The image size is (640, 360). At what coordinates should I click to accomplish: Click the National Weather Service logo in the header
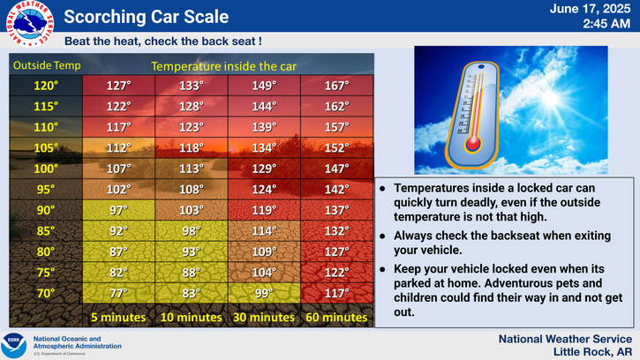pyautogui.click(x=30, y=23)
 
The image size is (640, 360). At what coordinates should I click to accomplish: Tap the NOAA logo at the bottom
pyautogui.click(x=13, y=345)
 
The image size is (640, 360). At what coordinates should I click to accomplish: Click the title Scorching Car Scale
pyautogui.click(x=147, y=17)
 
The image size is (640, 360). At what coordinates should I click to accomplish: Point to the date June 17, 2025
pyautogui.click(x=590, y=9)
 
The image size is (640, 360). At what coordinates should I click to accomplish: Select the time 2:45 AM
pyautogui.click(x=606, y=24)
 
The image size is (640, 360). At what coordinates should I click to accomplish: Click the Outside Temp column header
pyautogui.click(x=47, y=65)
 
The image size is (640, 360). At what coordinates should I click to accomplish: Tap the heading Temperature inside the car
pyautogui.click(x=223, y=66)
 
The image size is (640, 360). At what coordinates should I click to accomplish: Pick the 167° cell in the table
pyautogui.click(x=336, y=86)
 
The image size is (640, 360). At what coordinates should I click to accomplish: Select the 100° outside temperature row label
pyautogui.click(x=46, y=169)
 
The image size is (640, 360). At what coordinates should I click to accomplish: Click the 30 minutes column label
pyautogui.click(x=264, y=317)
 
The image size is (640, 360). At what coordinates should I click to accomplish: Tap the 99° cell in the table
pyautogui.click(x=264, y=293)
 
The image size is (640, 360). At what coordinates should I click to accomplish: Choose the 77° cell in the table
pyautogui.click(x=118, y=293)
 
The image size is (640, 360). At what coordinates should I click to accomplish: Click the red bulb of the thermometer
pyautogui.click(x=473, y=144)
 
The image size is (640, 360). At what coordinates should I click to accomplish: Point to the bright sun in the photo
pyautogui.click(x=550, y=98)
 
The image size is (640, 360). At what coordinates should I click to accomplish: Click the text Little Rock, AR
pyautogui.click(x=592, y=352)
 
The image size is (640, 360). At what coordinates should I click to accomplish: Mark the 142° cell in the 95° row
pyautogui.click(x=336, y=190)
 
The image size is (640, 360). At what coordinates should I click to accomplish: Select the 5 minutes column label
pyautogui.click(x=118, y=317)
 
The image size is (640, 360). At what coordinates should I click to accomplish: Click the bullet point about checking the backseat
pyautogui.click(x=495, y=243)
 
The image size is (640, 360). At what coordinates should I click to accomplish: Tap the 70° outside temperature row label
pyautogui.click(x=46, y=293)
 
